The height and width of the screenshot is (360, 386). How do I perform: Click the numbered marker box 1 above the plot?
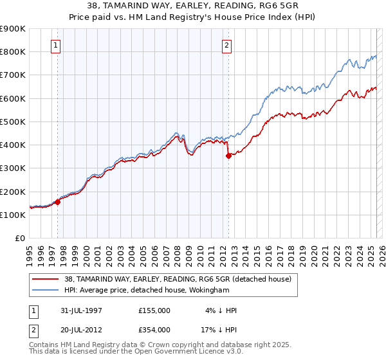pyautogui.click(x=57, y=45)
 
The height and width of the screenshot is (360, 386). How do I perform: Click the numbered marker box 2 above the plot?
pyautogui.click(x=228, y=45)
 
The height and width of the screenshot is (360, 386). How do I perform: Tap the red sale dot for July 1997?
pyautogui.click(x=58, y=202)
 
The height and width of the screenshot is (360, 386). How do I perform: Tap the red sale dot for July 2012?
pyautogui.click(x=228, y=156)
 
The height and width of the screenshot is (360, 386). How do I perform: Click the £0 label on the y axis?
pyautogui.click(x=20, y=238)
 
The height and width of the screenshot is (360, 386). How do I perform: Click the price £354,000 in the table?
pyautogui.click(x=154, y=330)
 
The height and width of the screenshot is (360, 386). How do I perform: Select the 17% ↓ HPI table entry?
pyautogui.click(x=220, y=330)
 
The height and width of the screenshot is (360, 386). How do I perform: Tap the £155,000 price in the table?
pyautogui.click(x=154, y=310)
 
